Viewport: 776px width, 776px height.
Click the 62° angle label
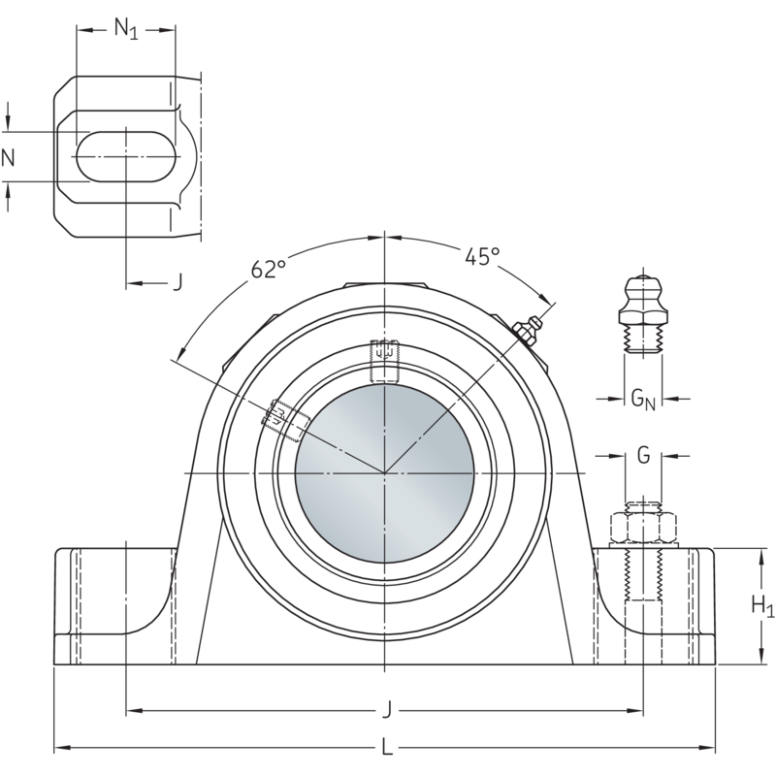269,270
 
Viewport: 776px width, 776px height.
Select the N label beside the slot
9,157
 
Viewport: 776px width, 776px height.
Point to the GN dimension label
643,397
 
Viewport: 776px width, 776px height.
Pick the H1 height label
763,606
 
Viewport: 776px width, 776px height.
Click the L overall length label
386,747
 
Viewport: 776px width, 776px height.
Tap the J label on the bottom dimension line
386,711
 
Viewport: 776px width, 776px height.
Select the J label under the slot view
177,282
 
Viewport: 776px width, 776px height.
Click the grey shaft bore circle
385,472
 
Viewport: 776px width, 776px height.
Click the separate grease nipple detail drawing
641,315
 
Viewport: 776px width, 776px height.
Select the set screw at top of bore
385,360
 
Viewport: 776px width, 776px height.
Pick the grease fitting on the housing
527,331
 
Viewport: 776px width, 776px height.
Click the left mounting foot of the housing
112,606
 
